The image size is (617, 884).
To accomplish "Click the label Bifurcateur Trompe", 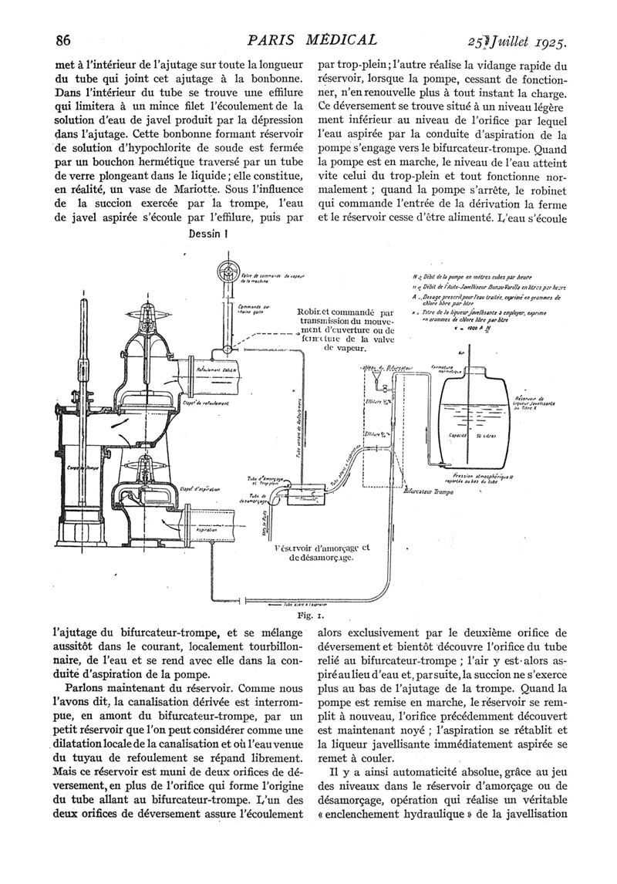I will pos(430,489).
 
